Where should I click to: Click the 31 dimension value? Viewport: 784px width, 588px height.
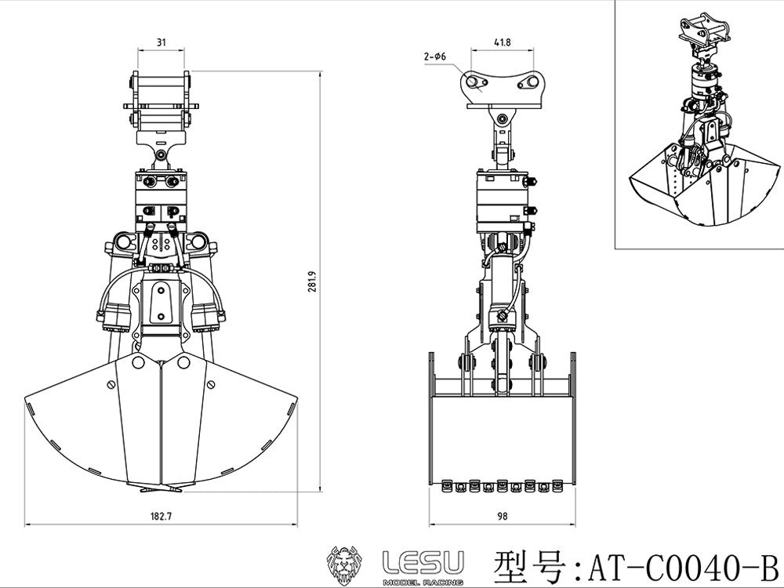(x=161, y=44)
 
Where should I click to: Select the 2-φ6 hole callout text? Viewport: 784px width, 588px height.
(x=435, y=56)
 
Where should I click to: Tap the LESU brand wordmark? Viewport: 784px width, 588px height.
(x=423, y=561)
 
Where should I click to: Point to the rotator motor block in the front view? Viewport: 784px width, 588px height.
(x=162, y=196)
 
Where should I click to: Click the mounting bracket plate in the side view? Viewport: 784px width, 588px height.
(x=502, y=88)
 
